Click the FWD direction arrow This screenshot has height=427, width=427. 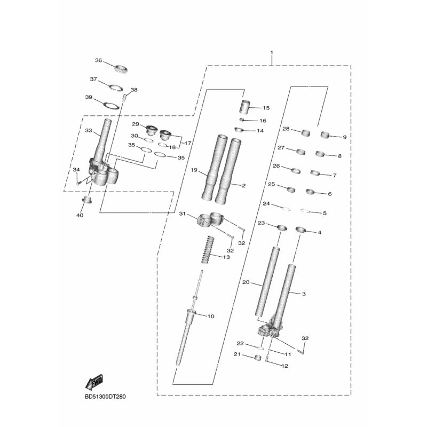click(x=94, y=382)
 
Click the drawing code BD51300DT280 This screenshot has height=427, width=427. click(x=105, y=397)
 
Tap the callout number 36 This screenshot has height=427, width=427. click(x=98, y=60)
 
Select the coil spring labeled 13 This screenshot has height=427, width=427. click(x=207, y=250)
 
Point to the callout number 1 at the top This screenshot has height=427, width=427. click(x=272, y=52)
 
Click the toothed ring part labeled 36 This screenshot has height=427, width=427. click(x=121, y=69)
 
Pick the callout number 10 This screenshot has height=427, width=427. click(x=211, y=316)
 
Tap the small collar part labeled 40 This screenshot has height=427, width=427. click(x=87, y=200)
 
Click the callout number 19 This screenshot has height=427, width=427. click(x=194, y=170)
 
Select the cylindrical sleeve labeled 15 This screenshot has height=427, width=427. click(x=245, y=107)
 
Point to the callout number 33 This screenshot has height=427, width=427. click(x=89, y=130)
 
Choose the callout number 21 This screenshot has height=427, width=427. click(x=237, y=354)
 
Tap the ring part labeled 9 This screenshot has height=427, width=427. click(x=325, y=135)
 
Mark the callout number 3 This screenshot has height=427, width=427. click(x=304, y=294)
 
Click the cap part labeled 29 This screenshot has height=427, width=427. click(x=151, y=130)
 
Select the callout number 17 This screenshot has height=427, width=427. click(x=188, y=143)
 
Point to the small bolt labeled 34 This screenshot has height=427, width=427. click(x=78, y=183)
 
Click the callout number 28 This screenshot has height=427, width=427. click(x=286, y=129)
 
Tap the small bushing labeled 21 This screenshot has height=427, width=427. click(x=257, y=358)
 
